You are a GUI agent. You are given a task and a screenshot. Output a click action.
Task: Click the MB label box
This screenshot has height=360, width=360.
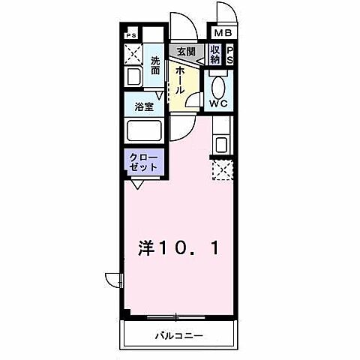click(x=223, y=34)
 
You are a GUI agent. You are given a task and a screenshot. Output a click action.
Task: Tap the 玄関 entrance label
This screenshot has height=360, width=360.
click(x=185, y=51)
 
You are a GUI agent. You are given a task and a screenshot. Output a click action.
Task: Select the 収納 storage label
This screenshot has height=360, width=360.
click(x=215, y=55)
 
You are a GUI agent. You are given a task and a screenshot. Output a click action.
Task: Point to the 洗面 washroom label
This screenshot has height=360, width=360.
click(x=155, y=65)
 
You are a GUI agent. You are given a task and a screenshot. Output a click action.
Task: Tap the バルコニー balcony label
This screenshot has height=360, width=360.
click(x=179, y=334)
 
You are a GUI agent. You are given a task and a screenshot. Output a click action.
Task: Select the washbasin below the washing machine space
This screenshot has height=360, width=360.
click(x=136, y=77)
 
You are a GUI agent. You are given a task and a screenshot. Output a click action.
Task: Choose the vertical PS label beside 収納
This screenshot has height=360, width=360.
click(x=230, y=55)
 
